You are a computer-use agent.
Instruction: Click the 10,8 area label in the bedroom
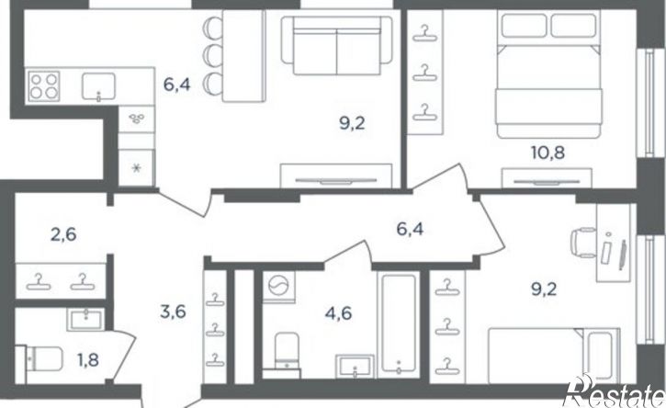pos(547,152)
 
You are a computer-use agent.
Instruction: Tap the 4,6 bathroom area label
pos(339,313)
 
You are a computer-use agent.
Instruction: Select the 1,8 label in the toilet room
pos(88,360)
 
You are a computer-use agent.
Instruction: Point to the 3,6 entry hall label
pos(174,312)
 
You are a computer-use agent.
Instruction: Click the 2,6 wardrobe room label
pos(63,234)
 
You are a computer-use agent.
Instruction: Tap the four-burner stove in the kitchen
pos(43,86)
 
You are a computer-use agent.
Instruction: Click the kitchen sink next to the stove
pos(98,86)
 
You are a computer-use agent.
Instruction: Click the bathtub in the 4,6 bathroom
pos(398,325)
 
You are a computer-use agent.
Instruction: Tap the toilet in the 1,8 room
pos(40,360)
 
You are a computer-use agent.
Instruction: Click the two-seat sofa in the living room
pos(337,45)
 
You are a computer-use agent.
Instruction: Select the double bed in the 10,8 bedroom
pos(549,74)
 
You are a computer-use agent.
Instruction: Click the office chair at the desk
pos(584,243)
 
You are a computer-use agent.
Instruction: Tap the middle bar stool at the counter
pos(213,54)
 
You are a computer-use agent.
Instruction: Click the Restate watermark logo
pos(614,391)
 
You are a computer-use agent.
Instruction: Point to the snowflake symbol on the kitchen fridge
pos(136,168)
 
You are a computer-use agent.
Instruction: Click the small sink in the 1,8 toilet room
pos(85,319)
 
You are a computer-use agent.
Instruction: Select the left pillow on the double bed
pos(524,26)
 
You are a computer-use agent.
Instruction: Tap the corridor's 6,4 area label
pos(411,230)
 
